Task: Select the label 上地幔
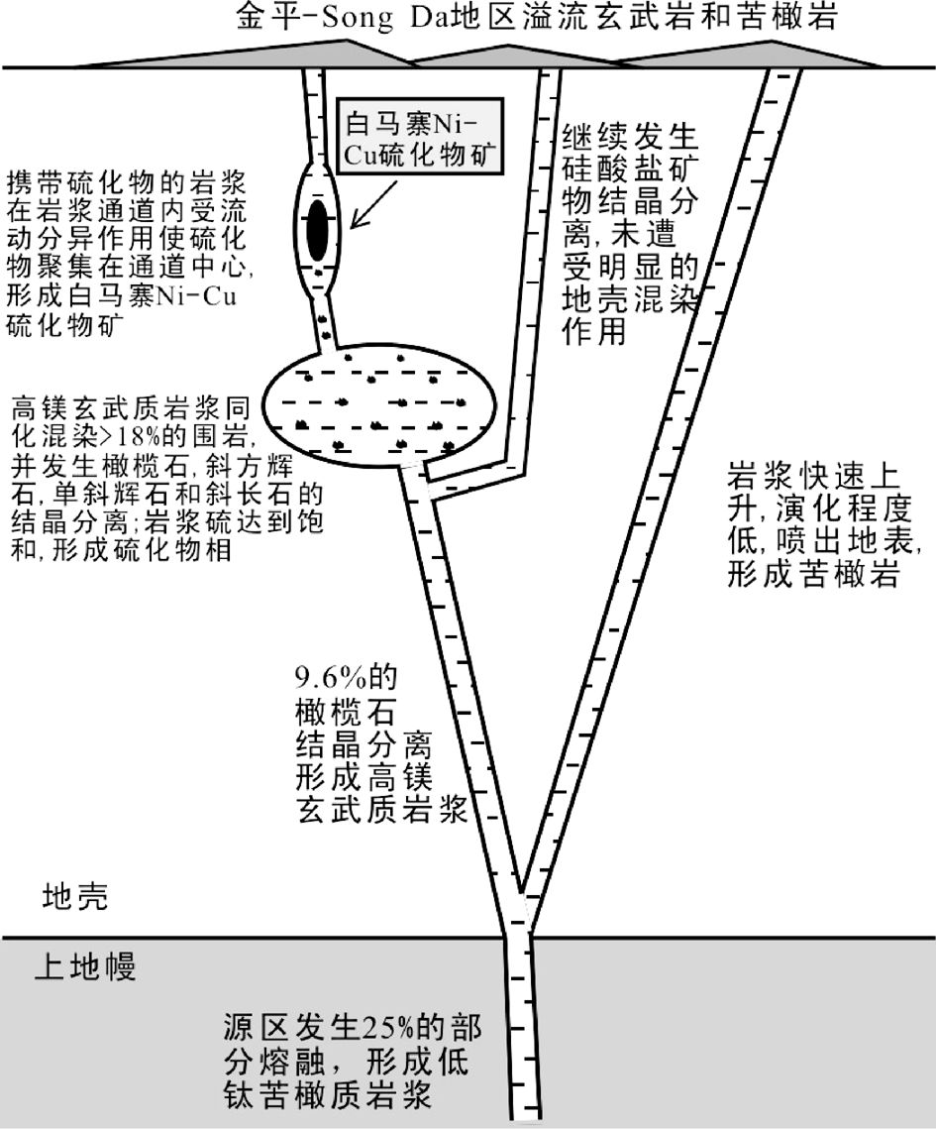[85, 966]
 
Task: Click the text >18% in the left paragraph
[130, 435]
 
